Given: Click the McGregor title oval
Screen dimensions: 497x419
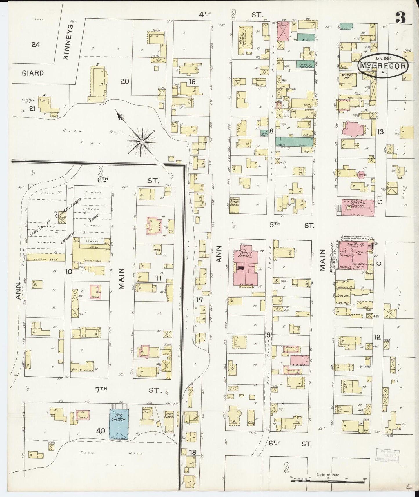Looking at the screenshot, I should pyautogui.click(x=383, y=66).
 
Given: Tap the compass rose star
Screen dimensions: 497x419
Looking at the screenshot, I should pyautogui.click(x=141, y=142).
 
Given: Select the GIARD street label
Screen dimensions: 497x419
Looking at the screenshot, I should pyautogui.click(x=33, y=73).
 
